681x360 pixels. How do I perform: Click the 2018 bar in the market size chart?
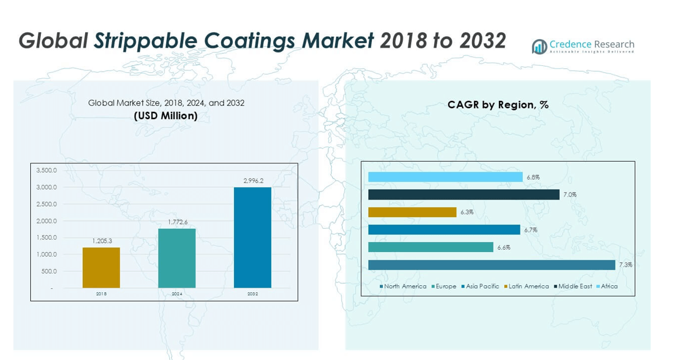(x=101, y=268)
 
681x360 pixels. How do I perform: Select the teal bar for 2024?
(x=177, y=258)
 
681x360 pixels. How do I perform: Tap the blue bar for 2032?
(x=252, y=237)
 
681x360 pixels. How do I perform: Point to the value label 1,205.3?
(x=101, y=241)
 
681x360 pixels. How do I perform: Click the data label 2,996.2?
(x=253, y=181)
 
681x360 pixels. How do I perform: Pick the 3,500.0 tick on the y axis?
(x=47, y=170)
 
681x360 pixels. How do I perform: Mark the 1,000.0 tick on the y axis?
(x=47, y=254)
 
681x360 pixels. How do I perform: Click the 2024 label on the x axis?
(x=177, y=294)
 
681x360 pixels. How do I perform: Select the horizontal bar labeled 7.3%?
(x=491, y=265)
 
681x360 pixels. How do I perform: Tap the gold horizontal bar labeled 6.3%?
(x=412, y=212)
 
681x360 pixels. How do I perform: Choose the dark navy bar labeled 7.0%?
(x=463, y=195)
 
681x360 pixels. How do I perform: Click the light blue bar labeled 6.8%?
(x=445, y=177)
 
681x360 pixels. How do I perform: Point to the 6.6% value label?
(x=504, y=247)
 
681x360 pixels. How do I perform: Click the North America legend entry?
(x=404, y=286)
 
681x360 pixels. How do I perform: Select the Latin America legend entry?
(x=528, y=286)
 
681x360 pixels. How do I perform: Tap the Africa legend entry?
(x=609, y=286)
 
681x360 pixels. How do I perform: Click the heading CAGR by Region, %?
(x=498, y=105)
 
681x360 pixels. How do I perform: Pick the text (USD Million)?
(x=166, y=116)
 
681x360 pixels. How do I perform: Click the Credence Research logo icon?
(x=539, y=47)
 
